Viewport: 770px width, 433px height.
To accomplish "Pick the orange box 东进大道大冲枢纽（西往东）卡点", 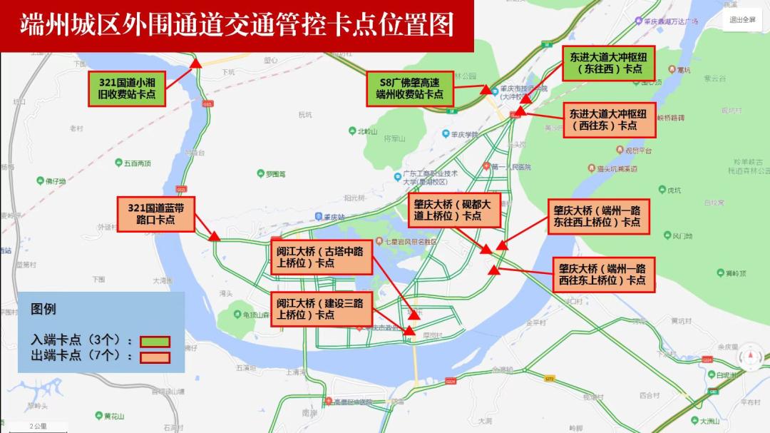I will click(609, 120).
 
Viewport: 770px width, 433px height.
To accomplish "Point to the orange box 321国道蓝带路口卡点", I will click(156, 214).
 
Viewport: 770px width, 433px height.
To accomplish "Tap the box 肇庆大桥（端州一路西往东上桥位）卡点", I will click(602, 275).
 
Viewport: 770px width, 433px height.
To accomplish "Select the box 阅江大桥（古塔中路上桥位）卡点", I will click(322, 257).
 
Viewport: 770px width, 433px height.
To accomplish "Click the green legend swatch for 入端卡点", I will click(154, 341).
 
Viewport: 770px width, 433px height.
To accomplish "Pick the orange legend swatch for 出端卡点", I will click(154, 357).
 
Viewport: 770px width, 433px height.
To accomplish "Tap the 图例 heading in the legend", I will click(43, 310).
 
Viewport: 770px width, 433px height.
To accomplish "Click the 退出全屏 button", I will click(742, 20).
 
